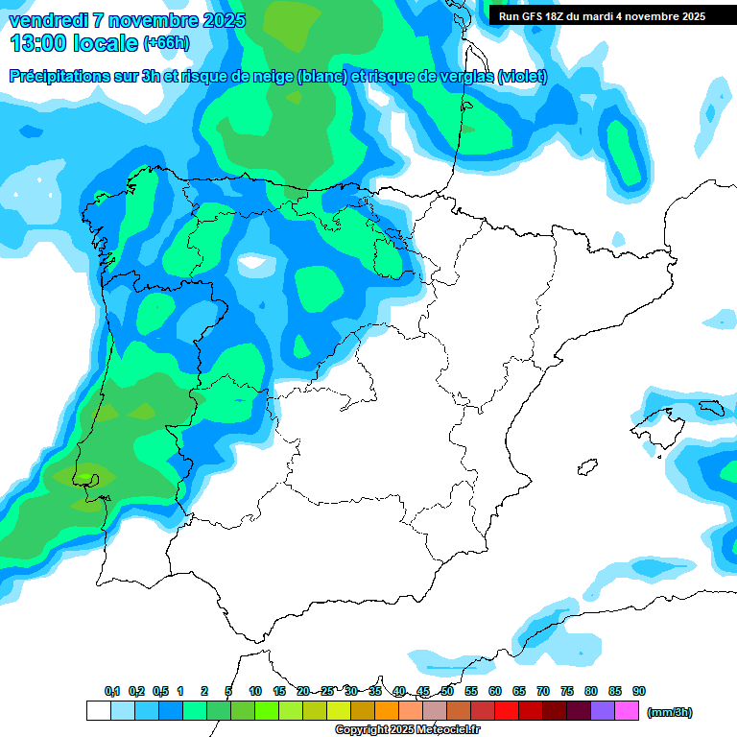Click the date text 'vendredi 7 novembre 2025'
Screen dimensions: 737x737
[x=127, y=20]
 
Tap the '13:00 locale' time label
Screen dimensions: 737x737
[x=74, y=43]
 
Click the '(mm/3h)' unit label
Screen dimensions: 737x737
[x=670, y=712]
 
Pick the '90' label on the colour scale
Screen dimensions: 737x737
[x=639, y=691]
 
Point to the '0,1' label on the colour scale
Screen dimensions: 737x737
[x=112, y=691]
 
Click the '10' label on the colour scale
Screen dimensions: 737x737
[x=255, y=691]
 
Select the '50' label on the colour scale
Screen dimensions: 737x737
[x=447, y=691]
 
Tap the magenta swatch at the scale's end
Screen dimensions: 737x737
[x=627, y=711]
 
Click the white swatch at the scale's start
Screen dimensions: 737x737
[x=98, y=711]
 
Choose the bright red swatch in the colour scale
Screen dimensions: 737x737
[x=507, y=711]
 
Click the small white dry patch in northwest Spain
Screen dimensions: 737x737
[x=253, y=261]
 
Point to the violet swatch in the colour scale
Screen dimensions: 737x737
[x=603, y=711]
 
